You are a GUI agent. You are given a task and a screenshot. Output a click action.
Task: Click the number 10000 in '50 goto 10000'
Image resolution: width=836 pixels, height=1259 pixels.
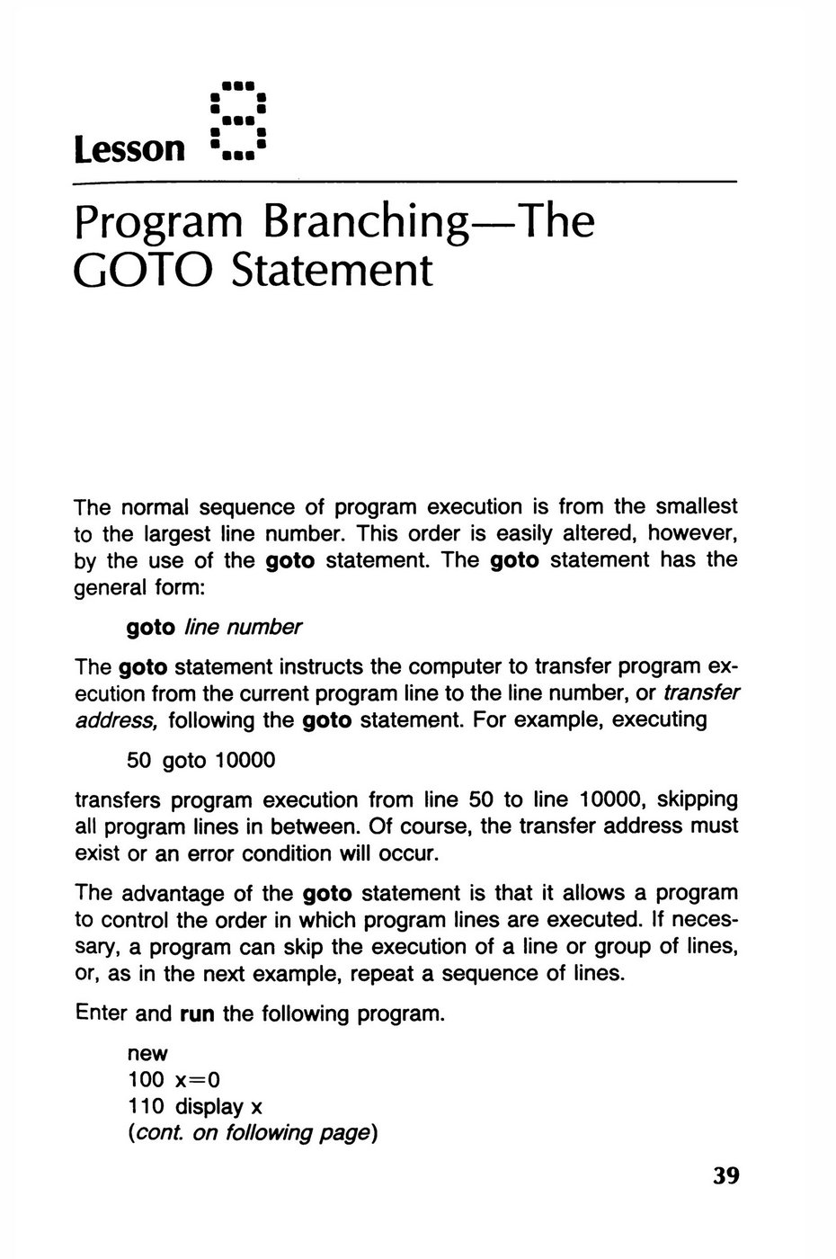point(245,761)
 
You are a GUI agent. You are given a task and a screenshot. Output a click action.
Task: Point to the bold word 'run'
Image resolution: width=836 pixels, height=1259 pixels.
point(198,1014)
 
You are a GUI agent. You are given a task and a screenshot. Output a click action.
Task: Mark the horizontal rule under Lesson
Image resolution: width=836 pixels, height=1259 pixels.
point(405,183)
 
